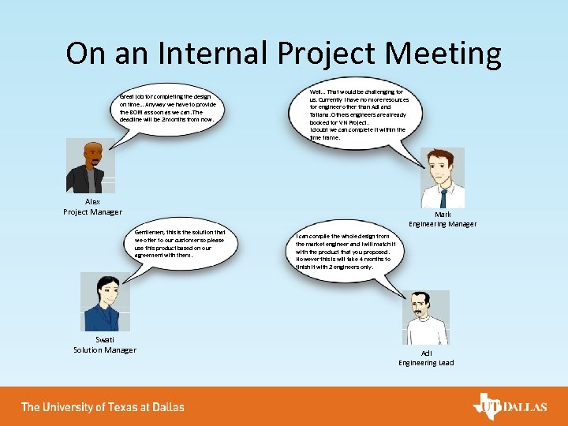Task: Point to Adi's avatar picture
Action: coord(426,317)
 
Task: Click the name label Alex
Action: coord(93,202)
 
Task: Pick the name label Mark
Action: coord(443,214)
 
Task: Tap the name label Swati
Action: coord(105,340)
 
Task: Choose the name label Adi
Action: coord(426,353)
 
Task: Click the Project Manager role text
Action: coord(93,211)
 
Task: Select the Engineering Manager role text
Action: coord(443,224)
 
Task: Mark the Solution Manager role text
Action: coord(105,350)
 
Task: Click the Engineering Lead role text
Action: coord(426,363)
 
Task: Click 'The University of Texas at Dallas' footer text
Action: coord(103,407)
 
